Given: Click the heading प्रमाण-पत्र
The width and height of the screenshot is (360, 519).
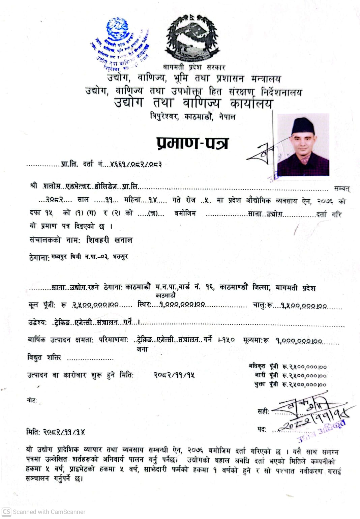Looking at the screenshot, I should coord(192,143).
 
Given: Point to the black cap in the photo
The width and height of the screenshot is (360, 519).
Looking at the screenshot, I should coord(303,126).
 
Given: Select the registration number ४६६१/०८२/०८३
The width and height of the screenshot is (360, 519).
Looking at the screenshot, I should coord(136,165).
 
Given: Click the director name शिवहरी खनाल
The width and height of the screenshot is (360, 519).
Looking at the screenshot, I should coord(109,240).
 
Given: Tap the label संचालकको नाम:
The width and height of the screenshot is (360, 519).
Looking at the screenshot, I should coord(55,240).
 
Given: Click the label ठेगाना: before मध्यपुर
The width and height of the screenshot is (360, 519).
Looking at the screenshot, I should coord(39,258).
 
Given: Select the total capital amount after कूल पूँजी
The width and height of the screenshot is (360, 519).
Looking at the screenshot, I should coord(95,305).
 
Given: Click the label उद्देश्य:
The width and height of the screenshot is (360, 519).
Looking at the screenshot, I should coord(37,323).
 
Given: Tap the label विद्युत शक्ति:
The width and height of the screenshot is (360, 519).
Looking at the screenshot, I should coord(44,357).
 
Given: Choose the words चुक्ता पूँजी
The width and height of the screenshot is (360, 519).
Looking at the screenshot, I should coord(266,384).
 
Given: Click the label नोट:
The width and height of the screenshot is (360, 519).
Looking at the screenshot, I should coord(32,400).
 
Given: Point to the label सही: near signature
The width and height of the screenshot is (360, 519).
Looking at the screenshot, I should coord(263,411).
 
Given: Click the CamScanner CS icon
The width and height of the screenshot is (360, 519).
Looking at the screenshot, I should coord(6,512).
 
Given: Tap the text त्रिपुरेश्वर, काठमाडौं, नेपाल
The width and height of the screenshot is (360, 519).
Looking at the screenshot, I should coord(192,117).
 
